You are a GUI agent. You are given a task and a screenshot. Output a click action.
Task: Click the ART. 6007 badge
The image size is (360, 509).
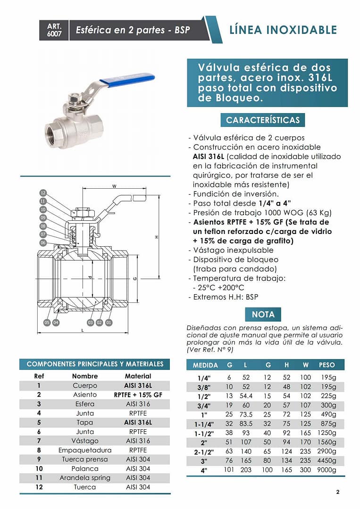tap(54, 30)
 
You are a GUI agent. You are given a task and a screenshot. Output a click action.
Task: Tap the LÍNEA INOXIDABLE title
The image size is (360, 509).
tap(283, 30)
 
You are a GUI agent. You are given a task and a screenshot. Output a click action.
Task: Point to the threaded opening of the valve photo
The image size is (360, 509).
tap(53, 129)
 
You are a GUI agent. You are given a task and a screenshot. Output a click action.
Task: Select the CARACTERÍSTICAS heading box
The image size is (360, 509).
tap(262, 120)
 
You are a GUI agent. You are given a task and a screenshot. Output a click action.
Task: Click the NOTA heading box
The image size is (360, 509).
tap(263, 314)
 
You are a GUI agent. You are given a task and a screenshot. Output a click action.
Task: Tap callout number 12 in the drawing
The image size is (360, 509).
tap(43, 193)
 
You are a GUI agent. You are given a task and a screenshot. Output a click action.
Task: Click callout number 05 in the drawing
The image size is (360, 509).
tap(47, 322)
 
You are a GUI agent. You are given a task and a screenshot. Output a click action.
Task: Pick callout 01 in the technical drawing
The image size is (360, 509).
tap(109, 322)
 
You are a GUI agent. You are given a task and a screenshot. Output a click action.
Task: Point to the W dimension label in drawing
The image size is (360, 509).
tap(114, 186)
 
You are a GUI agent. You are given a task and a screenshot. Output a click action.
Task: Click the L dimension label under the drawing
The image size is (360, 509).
tap(83, 330)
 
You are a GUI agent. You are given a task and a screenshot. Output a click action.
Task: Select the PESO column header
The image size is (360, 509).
tap(327, 365)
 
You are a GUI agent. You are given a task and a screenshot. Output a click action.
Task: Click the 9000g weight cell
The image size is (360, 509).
tap(327, 470)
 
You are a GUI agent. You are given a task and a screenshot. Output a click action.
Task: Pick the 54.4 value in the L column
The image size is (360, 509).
tap(246, 396)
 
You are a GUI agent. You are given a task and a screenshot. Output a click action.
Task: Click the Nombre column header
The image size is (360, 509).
tap(85, 376)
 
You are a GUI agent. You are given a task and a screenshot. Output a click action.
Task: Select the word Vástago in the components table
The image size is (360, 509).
tap(85, 441)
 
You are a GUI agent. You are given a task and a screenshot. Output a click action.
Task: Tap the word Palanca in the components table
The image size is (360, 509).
tap(85, 468)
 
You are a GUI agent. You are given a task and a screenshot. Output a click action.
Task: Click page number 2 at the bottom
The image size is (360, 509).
tap(337, 492)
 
